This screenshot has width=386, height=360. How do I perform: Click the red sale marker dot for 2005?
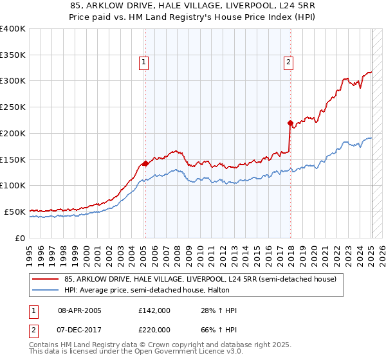tap(145, 163)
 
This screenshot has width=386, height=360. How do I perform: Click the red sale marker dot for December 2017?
tap(290, 122)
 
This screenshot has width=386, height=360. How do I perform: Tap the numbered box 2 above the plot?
tap(288, 62)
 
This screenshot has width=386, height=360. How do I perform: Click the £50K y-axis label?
tap(15, 212)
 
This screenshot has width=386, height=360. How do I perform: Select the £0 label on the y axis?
tap(20, 238)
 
